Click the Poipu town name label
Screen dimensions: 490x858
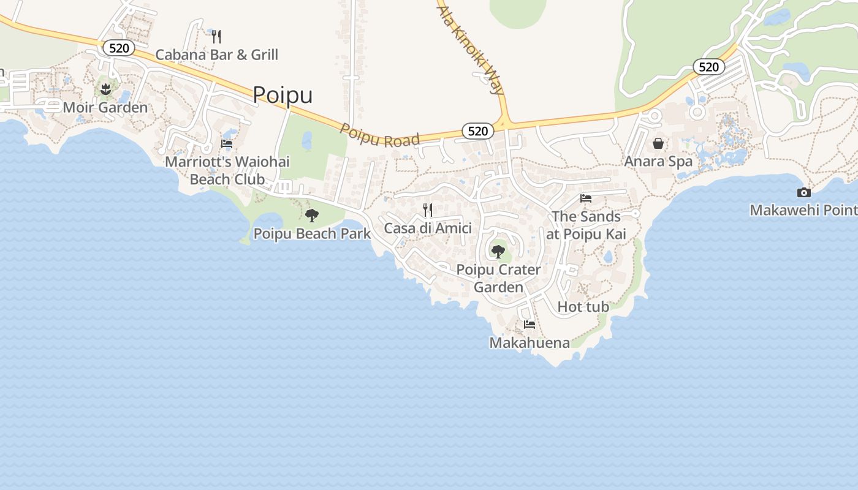coord(283,95)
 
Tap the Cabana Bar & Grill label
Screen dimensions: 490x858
coord(216,55)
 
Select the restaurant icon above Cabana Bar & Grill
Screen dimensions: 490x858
coord(216,37)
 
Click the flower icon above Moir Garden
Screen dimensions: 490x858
coord(105,89)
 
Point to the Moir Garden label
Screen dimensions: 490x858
coord(105,108)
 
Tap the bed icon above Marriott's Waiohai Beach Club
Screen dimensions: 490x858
coord(227,145)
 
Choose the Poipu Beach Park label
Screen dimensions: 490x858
coord(312,233)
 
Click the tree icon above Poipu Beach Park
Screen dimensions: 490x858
coord(312,215)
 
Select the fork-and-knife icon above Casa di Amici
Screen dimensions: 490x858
coord(428,210)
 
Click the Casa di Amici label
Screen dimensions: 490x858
coord(428,228)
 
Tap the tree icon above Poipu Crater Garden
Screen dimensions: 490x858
coord(498,251)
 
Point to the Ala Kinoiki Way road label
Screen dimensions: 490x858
coord(471,48)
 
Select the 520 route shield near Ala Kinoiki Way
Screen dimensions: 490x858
coord(477,130)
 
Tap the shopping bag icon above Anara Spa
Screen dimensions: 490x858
coord(658,143)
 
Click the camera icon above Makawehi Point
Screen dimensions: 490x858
coord(803,192)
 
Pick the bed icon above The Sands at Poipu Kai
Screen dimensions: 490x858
coord(586,198)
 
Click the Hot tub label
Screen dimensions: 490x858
coord(583,307)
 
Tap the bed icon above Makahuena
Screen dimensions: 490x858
coord(530,325)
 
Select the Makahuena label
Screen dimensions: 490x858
coord(530,343)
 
